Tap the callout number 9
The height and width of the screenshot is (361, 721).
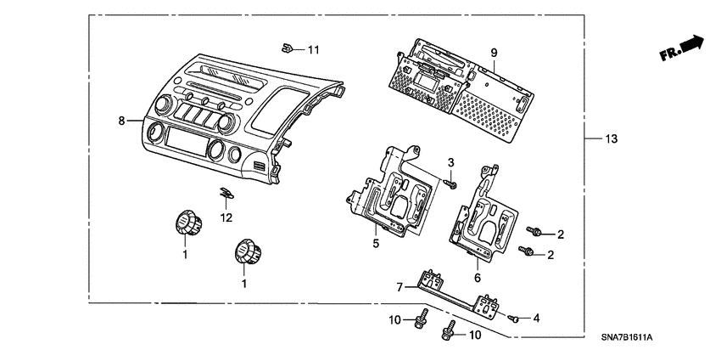[x=494, y=53]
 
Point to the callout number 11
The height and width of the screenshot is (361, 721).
[x=314, y=50]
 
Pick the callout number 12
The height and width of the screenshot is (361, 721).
[x=226, y=218]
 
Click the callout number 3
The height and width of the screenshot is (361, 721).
[x=451, y=161]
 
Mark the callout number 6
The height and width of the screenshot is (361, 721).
[x=477, y=277]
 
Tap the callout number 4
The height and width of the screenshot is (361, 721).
[x=535, y=318]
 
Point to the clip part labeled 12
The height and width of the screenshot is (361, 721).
[x=224, y=195]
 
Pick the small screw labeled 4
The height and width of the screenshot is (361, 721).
[x=515, y=318]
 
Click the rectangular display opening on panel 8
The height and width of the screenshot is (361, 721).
[x=186, y=139]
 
